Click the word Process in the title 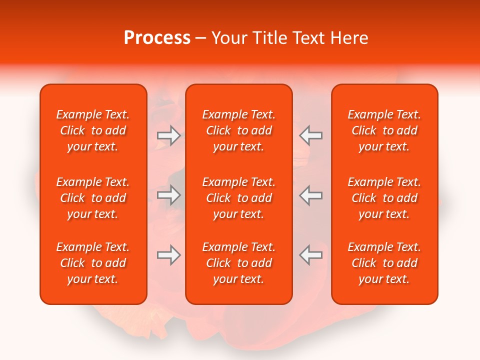click(x=157, y=38)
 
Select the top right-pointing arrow click(x=169, y=135)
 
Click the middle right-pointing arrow click(x=169, y=195)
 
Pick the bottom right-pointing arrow click(x=169, y=255)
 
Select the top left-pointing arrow click(x=310, y=135)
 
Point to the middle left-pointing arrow click(x=310, y=195)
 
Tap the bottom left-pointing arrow click(x=310, y=255)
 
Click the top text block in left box click(x=93, y=130)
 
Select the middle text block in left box click(x=93, y=198)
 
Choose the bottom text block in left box click(x=93, y=263)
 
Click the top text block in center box click(x=238, y=130)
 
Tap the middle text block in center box click(x=238, y=198)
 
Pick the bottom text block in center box click(x=238, y=263)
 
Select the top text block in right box click(x=384, y=130)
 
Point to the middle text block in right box click(x=384, y=198)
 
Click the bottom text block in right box click(x=384, y=263)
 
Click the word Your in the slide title click(x=228, y=38)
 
